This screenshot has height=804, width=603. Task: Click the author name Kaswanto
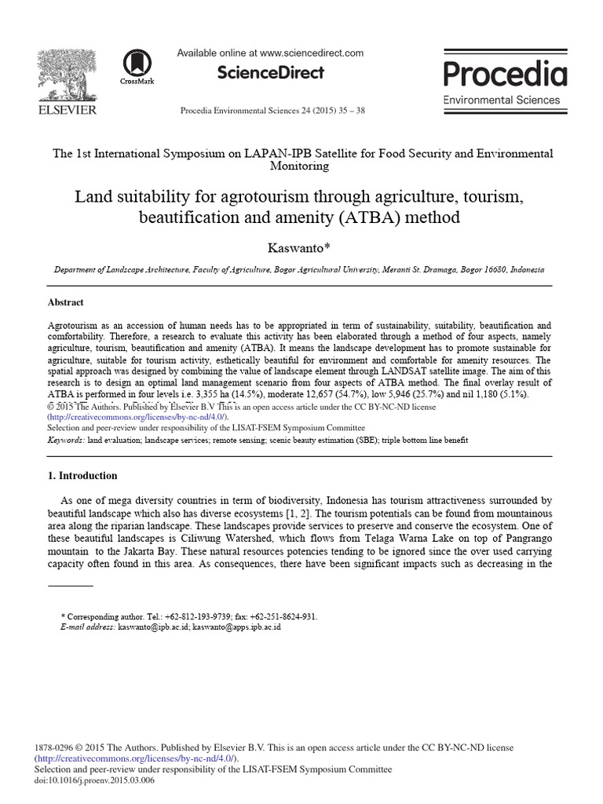coord(301,247)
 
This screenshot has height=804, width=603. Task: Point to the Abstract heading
coord(66,302)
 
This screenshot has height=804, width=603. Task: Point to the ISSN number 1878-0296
coord(59,748)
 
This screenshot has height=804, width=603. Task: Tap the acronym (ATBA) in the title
coord(371,217)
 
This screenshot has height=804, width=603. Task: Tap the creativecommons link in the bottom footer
coord(126,759)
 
